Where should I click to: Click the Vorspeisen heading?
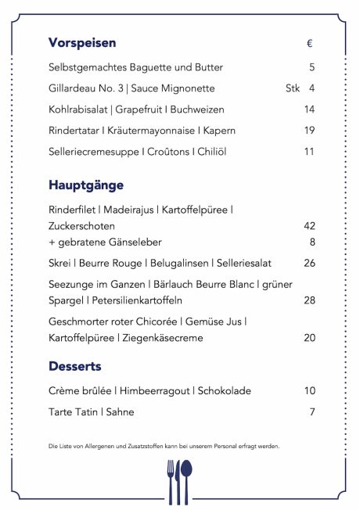click(82, 42)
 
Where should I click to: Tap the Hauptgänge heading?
click(86, 186)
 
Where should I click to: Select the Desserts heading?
click(75, 366)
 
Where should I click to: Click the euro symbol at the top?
click(310, 43)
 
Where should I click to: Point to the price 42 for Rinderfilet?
click(309, 226)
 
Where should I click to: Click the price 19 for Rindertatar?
click(309, 131)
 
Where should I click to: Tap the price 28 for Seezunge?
click(309, 301)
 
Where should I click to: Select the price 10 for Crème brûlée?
click(309, 391)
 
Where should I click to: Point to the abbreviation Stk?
click(293, 88)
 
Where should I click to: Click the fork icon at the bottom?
click(171, 480)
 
